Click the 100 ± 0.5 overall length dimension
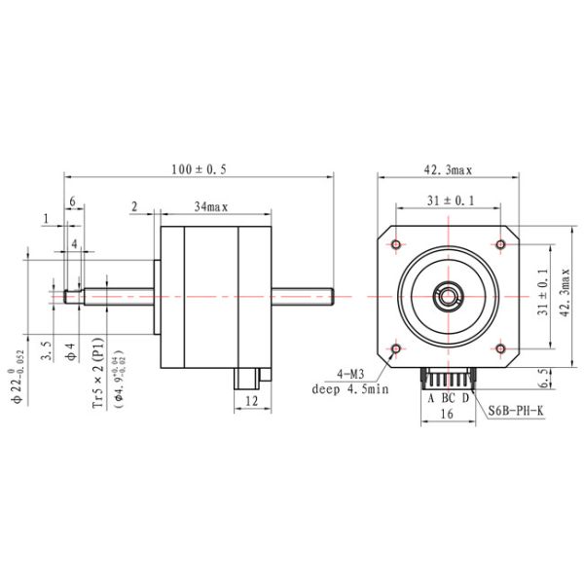(199, 168)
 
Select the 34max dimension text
(210, 207)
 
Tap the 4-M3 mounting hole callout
(352, 374)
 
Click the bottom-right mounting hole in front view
(500, 347)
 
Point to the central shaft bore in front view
(448, 295)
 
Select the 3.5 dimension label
(47, 351)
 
